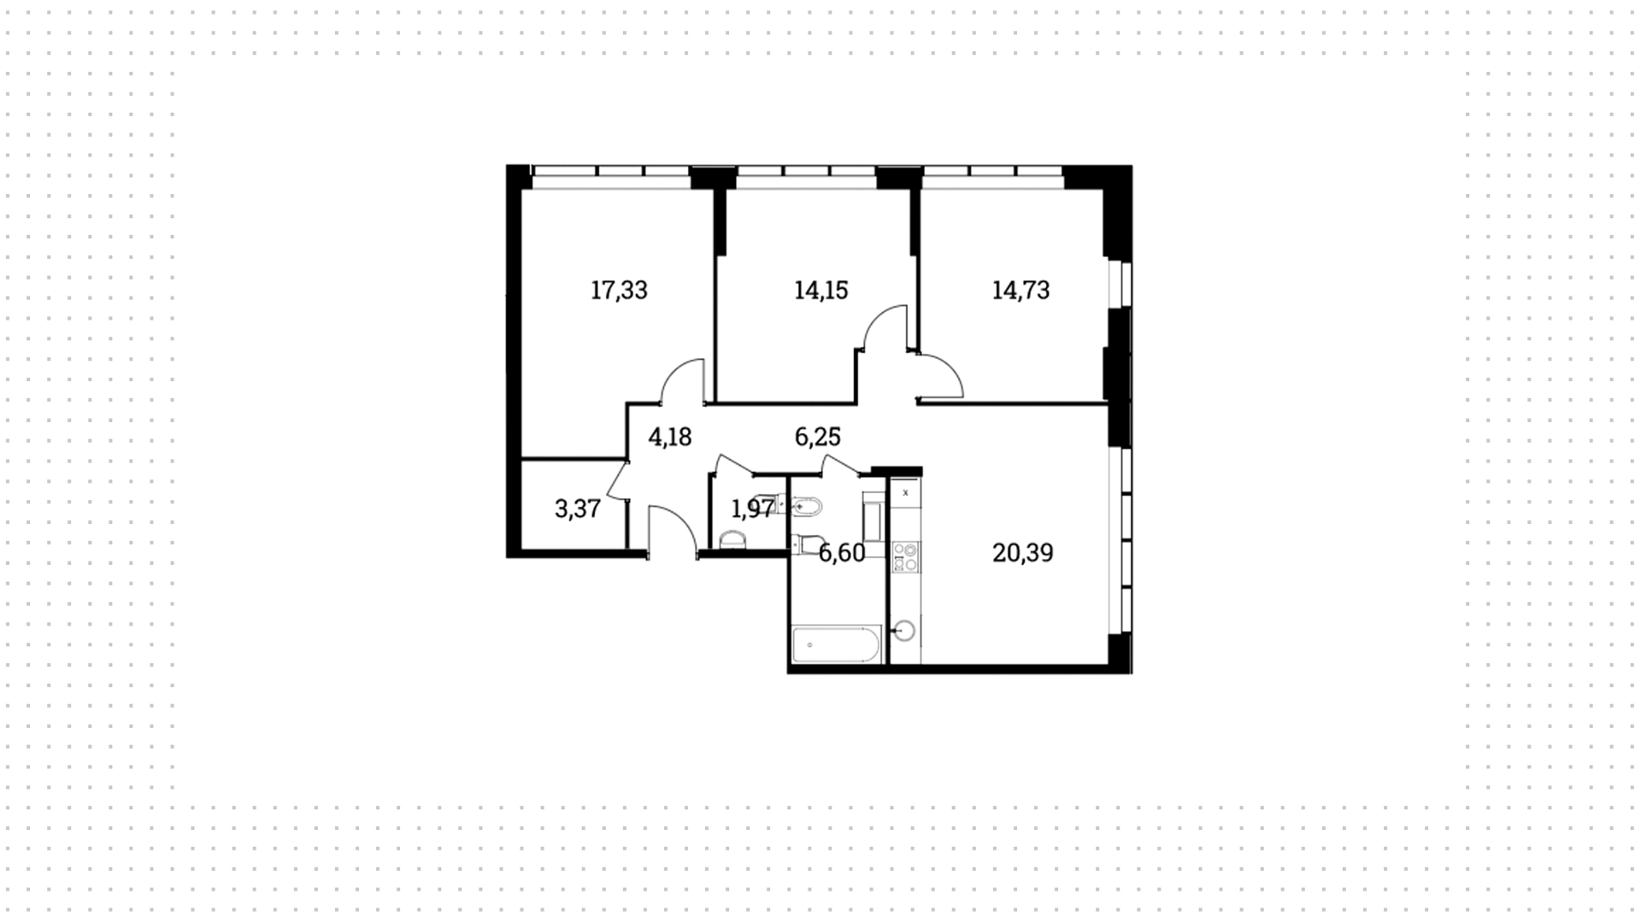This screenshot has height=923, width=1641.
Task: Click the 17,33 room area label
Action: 619,291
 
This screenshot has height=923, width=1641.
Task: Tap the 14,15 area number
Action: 820,291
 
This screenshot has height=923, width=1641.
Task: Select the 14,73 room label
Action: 1020,291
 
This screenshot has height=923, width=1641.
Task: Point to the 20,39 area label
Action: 1022,553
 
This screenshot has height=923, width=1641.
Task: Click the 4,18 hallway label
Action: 670,438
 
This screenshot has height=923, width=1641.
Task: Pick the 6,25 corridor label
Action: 818,438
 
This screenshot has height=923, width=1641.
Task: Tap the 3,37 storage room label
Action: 578,509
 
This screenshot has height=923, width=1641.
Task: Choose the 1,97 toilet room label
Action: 753,509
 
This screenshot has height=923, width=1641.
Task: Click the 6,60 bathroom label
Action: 842,554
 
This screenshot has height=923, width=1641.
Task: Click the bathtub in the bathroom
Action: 836,644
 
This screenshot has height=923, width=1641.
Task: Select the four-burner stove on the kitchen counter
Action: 905,557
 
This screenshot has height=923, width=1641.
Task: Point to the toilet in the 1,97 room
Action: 732,539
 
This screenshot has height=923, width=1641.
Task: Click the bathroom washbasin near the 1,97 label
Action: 806,508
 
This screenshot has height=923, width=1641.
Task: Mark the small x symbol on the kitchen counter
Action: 905,492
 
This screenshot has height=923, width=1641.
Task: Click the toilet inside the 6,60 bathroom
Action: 807,544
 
